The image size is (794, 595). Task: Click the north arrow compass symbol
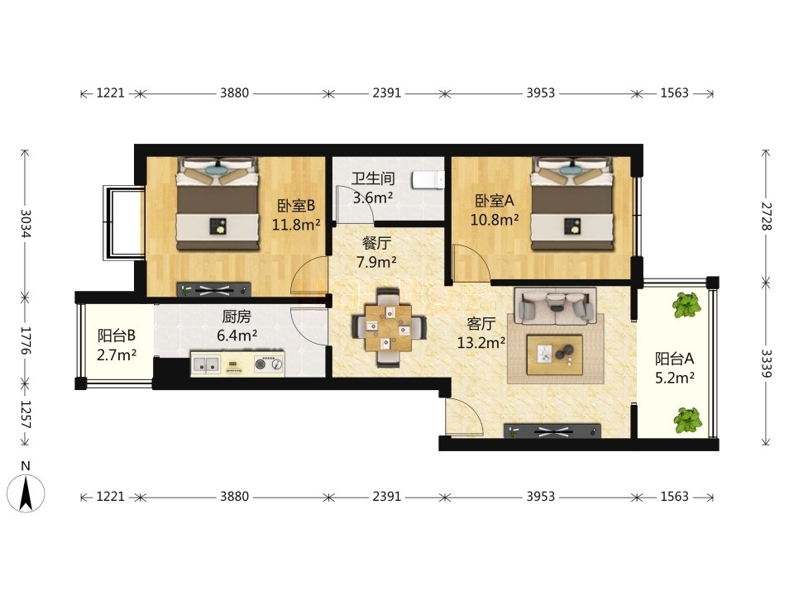pyautogui.click(x=26, y=493)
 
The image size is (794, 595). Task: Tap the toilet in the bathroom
pyautogui.click(x=428, y=180)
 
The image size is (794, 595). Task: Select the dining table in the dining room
pyautogui.click(x=389, y=328)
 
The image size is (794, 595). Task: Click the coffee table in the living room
pyautogui.click(x=554, y=355)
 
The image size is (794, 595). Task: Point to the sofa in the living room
pyautogui.click(x=556, y=306)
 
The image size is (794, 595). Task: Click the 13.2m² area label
pyautogui.click(x=481, y=343)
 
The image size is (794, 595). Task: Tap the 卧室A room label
pyautogui.click(x=495, y=201)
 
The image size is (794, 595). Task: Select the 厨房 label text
pyautogui.click(x=237, y=317)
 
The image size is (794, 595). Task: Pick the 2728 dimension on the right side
pyautogui.click(x=766, y=216)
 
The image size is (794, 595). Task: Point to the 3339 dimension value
pyautogui.click(x=766, y=364)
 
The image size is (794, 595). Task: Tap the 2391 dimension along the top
pyautogui.click(x=387, y=93)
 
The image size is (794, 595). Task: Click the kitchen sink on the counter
pyautogui.click(x=205, y=364)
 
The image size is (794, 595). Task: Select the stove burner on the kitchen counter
pyautogui.click(x=268, y=364)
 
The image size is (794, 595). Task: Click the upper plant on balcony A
pyautogui.click(x=686, y=305)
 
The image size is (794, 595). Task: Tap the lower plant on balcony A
pyautogui.click(x=687, y=421)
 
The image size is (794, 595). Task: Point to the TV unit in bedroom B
pyautogui.click(x=213, y=289)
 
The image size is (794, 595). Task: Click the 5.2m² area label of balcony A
pyautogui.click(x=675, y=378)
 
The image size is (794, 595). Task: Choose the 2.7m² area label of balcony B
pyautogui.click(x=117, y=355)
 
